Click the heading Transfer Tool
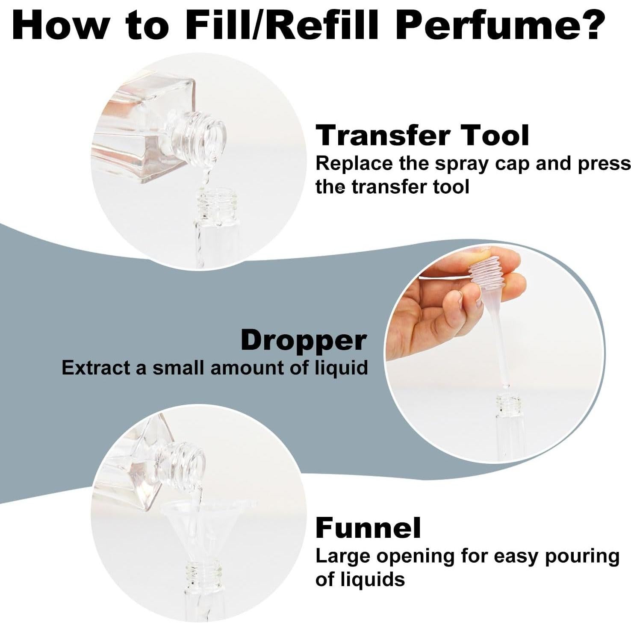click(x=422, y=136)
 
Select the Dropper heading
click(x=304, y=341)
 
